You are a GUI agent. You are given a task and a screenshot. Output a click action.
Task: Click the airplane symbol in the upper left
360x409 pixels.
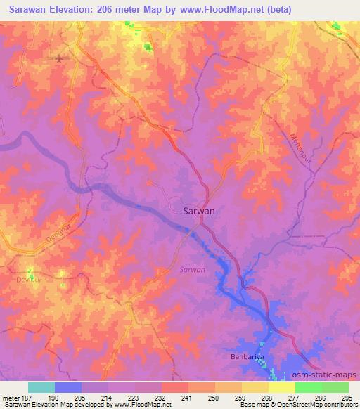click(x=59, y=58)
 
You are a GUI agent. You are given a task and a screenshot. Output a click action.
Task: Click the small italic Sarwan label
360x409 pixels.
click(x=192, y=269)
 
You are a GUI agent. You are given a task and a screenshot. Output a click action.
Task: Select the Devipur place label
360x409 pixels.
click(x=25, y=279)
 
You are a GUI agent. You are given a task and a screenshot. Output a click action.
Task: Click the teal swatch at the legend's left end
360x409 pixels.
click(x=41, y=387)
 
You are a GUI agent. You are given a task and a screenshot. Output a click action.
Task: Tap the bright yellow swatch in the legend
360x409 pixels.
click(x=281, y=387)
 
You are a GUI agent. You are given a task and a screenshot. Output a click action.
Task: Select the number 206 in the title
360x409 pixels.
click(x=109, y=8)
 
